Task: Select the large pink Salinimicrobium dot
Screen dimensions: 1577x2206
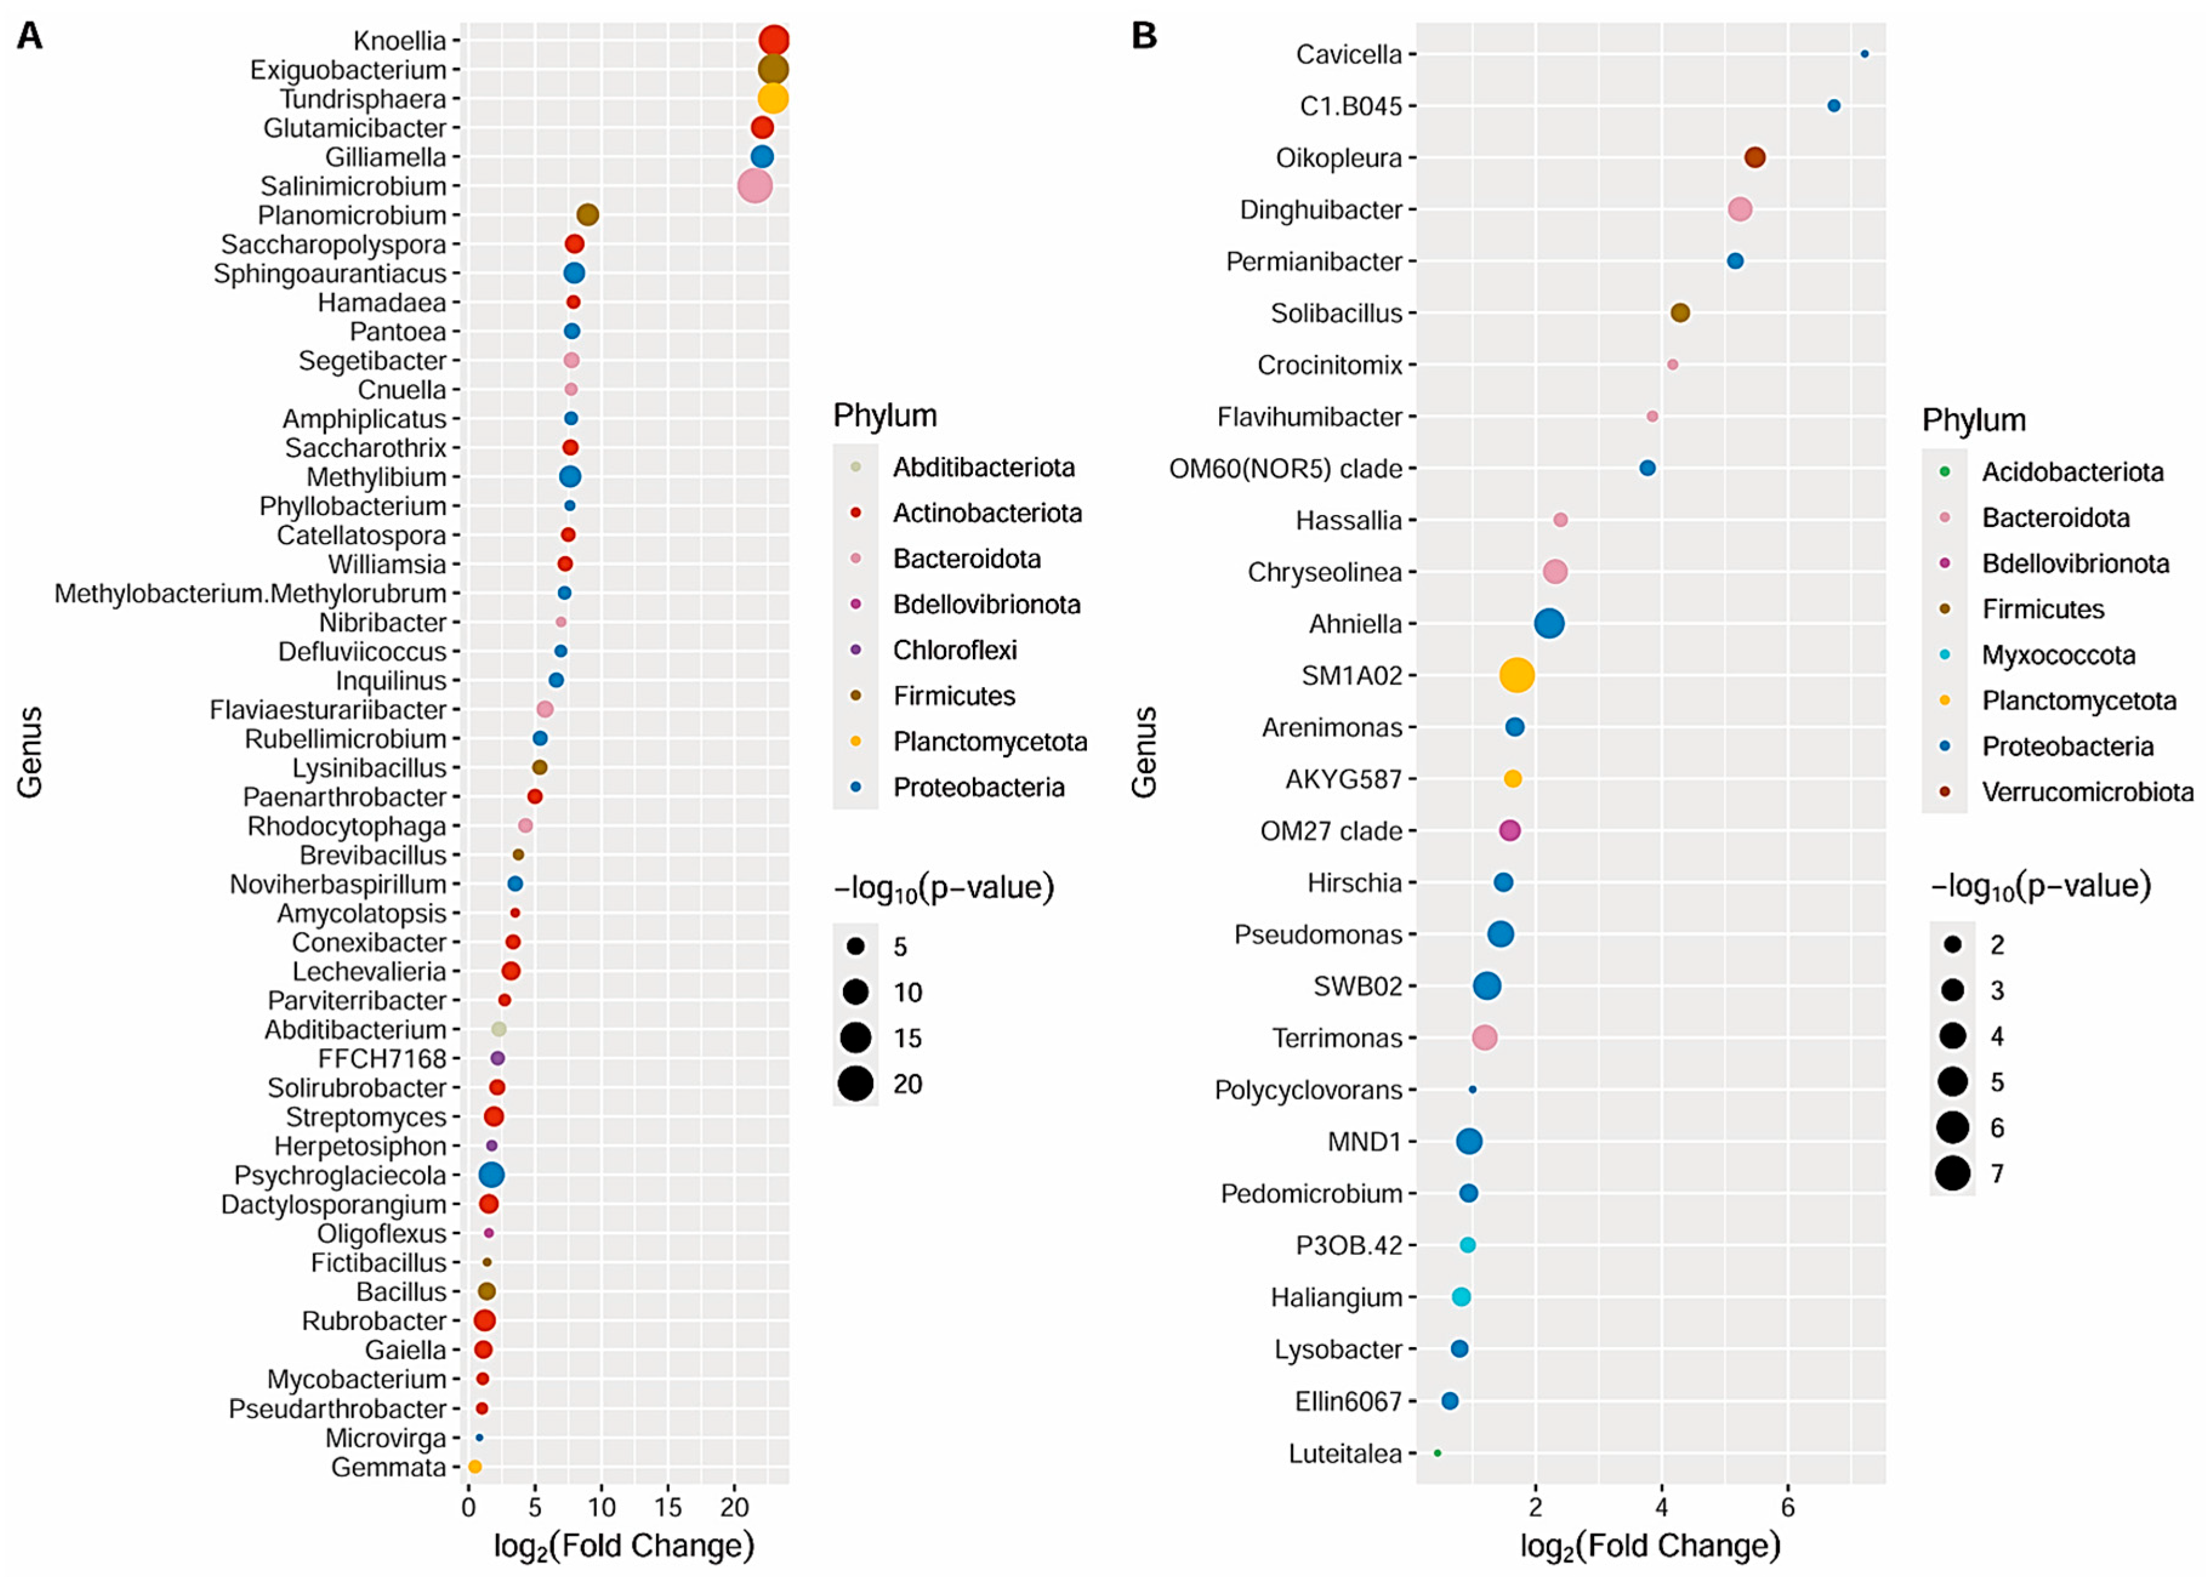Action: pos(755,186)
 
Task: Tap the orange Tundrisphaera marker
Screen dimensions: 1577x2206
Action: pos(772,98)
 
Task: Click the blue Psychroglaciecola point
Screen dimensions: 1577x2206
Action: pos(491,1175)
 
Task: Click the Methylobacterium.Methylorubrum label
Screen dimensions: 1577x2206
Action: pos(251,593)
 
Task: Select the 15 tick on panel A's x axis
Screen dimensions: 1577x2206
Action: pos(668,1507)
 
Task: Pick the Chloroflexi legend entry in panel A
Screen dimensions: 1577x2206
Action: pos(955,650)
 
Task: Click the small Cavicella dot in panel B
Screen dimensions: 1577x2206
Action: pos(1865,55)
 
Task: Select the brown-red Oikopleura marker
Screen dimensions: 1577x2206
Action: pos(1755,157)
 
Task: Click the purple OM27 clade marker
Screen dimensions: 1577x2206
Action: pos(1510,830)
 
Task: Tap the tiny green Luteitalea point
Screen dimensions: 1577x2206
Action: pos(1437,1453)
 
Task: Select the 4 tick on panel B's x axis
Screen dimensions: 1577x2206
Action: pos(1661,1507)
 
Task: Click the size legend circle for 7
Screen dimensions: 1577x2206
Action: pos(1952,1173)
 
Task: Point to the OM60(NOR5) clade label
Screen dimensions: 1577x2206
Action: pos(1285,468)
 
